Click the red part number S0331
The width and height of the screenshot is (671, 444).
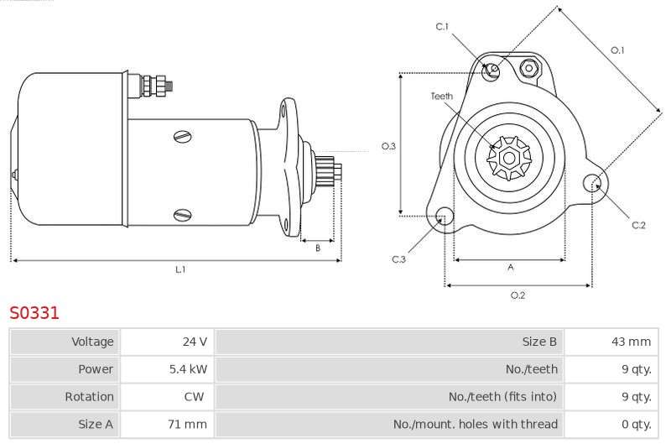pyautogui.click(x=34, y=313)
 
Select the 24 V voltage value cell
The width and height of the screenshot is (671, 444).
pyautogui.click(x=167, y=342)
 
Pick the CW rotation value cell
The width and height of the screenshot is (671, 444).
pyautogui.click(x=167, y=396)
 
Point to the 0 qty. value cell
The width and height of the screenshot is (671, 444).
pyautogui.click(x=611, y=424)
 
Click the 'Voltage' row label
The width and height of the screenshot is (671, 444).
pyautogui.click(x=92, y=342)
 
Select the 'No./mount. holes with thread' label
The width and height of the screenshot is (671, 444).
pyautogui.click(x=476, y=424)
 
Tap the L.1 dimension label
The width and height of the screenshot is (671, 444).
pyautogui.click(x=180, y=269)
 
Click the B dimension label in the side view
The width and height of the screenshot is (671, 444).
pyautogui.click(x=318, y=248)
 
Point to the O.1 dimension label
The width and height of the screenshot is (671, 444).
pyautogui.click(x=617, y=50)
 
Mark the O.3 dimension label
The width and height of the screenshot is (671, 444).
pyautogui.click(x=388, y=146)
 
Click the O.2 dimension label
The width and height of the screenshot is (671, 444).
pyautogui.click(x=518, y=295)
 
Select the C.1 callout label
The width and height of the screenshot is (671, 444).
pyautogui.click(x=442, y=27)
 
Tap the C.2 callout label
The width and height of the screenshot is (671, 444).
pyautogui.click(x=638, y=225)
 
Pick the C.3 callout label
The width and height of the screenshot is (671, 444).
pyautogui.click(x=398, y=259)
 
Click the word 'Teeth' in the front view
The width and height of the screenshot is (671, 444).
pyautogui.click(x=442, y=97)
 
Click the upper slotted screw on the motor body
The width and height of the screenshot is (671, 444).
pyautogui.click(x=183, y=137)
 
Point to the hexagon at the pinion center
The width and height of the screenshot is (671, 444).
pyautogui.click(x=509, y=159)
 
